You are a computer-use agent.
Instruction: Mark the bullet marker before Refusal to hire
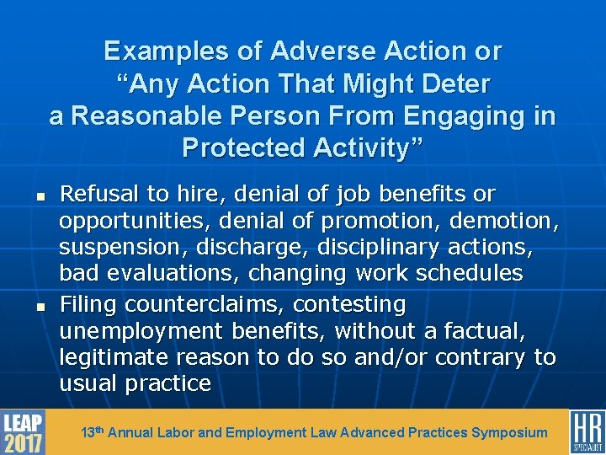[39, 195]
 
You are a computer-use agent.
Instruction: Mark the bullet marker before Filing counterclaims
[39, 304]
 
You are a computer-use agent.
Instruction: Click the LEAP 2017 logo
[23, 431]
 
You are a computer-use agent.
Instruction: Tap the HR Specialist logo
[587, 431]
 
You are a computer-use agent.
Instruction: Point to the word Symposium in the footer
[510, 433]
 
